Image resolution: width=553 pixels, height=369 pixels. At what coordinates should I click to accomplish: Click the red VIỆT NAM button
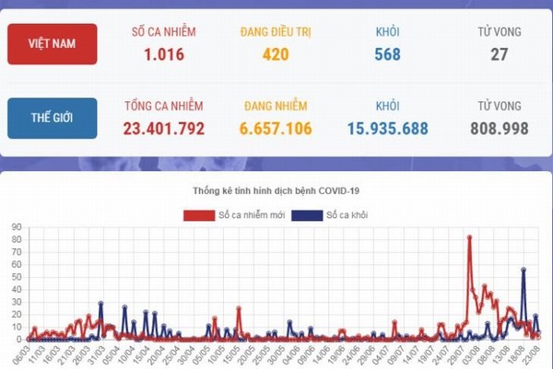pos(52,43)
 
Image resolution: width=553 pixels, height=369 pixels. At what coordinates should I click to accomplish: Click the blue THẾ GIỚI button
pos(52,118)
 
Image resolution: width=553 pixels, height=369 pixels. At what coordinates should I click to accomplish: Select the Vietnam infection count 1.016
pos(164,54)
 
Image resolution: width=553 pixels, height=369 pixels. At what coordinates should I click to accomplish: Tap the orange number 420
pos(276,54)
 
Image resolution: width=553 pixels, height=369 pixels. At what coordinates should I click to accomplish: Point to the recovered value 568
pos(387,54)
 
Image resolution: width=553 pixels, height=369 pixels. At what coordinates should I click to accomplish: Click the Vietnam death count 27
pos(500,54)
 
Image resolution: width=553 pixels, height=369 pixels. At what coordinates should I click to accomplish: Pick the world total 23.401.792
pos(164,129)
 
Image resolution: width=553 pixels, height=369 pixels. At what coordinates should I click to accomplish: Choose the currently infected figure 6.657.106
pos(276,129)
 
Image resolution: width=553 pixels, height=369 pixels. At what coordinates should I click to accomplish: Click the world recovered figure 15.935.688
pos(387,129)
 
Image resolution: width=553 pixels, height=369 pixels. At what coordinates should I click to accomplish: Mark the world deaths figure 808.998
pos(498,129)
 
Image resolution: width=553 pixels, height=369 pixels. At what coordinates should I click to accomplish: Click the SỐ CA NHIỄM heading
pos(164,32)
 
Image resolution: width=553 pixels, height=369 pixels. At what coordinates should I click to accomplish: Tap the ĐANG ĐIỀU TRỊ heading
pos(276,32)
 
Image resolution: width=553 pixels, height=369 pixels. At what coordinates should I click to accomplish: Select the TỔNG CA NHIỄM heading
pos(164,107)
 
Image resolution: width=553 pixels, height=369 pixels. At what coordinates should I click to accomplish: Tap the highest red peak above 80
pos(469,237)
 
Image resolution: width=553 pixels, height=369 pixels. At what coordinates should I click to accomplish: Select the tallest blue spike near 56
pos(524,270)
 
